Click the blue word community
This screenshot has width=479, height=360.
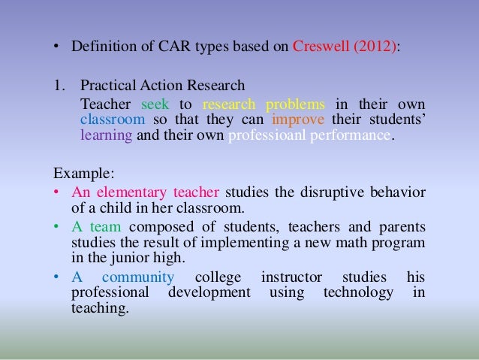pos(135,276)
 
